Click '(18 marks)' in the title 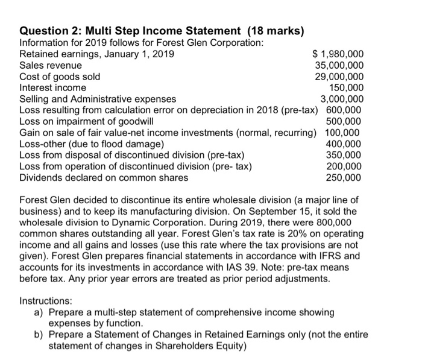click(x=275, y=31)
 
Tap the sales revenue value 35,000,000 click(x=339, y=66)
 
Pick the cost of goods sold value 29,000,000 click(x=339, y=77)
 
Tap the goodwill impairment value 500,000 click(x=344, y=121)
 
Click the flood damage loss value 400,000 click(x=344, y=144)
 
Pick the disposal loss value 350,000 click(x=344, y=155)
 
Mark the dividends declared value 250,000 click(x=344, y=177)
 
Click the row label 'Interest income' click(x=51, y=87)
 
